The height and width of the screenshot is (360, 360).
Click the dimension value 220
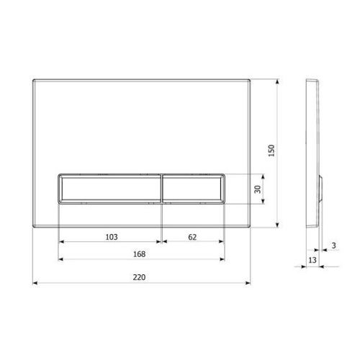pyautogui.click(x=139, y=277)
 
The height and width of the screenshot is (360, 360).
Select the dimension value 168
pyautogui.click(x=139, y=254)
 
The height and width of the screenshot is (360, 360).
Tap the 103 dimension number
pyautogui.click(x=112, y=237)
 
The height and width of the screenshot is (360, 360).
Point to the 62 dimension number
pyautogui.click(x=192, y=237)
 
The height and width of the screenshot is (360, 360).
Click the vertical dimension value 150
pyautogui.click(x=271, y=150)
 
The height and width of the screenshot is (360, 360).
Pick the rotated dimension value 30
pyautogui.click(x=258, y=189)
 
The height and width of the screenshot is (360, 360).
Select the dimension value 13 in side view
pyautogui.click(x=312, y=260)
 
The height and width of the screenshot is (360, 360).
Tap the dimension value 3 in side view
pyautogui.click(x=334, y=246)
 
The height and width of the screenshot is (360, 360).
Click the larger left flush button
pyautogui.click(x=109, y=189)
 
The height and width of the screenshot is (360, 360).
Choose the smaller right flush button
pyautogui.click(x=193, y=189)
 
